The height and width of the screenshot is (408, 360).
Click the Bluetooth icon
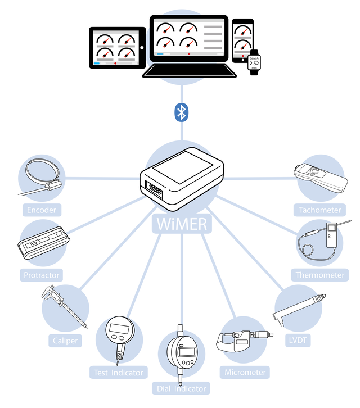click(181, 112)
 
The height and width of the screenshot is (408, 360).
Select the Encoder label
click(42, 211)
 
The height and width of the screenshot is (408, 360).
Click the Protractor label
click(41, 275)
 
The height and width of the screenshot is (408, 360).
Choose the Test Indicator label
click(118, 372)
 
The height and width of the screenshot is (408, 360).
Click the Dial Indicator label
click(181, 388)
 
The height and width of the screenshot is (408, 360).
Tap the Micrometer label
click(245, 372)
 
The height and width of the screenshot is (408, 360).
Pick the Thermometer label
click(319, 275)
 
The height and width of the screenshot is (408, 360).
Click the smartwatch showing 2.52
click(254, 63)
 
